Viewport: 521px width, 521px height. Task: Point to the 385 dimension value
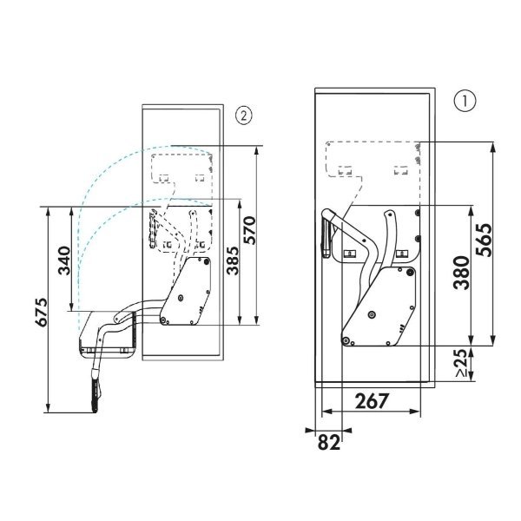point(234,258)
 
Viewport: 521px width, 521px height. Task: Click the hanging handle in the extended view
point(95,389)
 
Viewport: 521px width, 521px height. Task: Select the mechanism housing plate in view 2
point(188,291)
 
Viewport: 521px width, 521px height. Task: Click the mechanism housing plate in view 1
point(381,308)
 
